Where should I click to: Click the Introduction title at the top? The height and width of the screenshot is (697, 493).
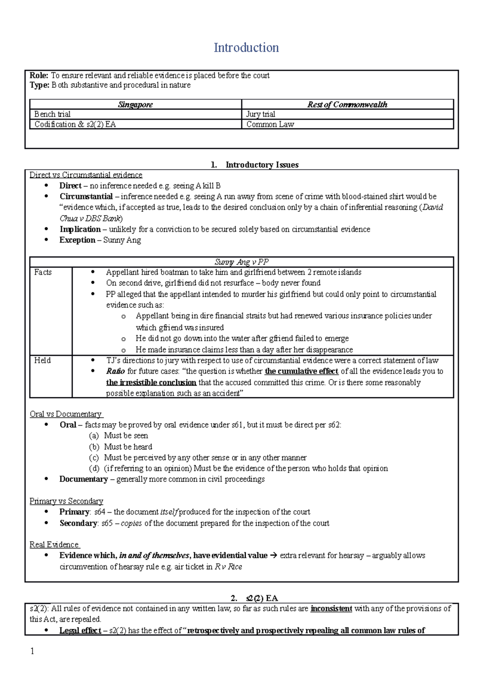click(x=246, y=48)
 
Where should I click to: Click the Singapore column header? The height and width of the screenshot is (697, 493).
click(x=135, y=105)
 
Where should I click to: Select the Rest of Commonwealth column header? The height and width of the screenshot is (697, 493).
click(x=347, y=105)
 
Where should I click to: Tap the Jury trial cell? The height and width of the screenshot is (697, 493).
click(x=260, y=114)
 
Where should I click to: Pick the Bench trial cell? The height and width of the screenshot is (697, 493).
click(x=52, y=114)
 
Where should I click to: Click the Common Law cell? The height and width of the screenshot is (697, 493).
click(x=270, y=124)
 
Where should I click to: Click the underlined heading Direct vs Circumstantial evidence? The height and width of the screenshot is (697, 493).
click(x=85, y=175)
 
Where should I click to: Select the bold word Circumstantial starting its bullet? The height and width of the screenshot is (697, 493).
click(x=86, y=197)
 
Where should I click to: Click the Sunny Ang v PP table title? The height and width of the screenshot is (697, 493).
click(x=242, y=262)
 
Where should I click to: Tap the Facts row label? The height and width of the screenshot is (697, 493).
click(x=43, y=272)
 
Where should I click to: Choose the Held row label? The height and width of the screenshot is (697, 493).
click(x=42, y=360)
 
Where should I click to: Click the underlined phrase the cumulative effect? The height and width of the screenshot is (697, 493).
click(x=301, y=371)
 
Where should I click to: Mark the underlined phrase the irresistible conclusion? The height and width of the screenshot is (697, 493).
click(x=151, y=383)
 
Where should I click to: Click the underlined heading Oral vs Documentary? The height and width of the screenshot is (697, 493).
click(x=66, y=414)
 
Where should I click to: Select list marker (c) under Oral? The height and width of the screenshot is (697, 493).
click(x=94, y=458)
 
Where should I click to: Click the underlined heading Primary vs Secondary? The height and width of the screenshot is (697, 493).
click(x=66, y=501)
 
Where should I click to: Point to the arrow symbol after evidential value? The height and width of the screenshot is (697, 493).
click(x=274, y=556)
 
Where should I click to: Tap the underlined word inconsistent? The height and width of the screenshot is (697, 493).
click(x=331, y=609)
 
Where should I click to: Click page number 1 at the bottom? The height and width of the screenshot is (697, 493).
click(x=32, y=651)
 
